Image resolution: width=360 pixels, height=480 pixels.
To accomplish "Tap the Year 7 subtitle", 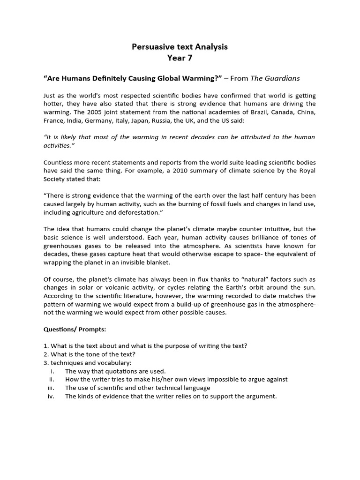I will (180, 59).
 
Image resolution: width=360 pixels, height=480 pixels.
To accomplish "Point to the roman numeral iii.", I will (52, 388).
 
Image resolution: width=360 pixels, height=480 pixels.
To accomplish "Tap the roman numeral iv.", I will (52, 396).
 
